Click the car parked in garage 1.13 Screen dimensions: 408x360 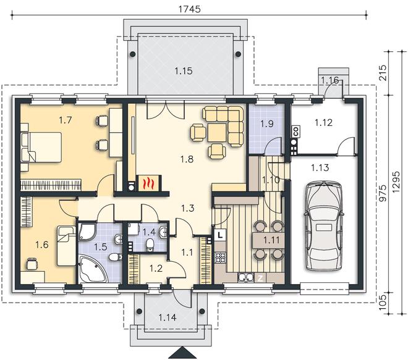[324, 226]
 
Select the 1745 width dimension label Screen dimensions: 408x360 [189, 9]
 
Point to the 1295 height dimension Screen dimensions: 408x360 [396, 182]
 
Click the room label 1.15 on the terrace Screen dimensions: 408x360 [184, 70]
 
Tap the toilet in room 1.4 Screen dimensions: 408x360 [150, 245]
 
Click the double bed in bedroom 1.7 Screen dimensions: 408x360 [41, 147]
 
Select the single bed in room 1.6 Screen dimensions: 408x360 [66, 246]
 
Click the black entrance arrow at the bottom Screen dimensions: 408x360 [183, 353]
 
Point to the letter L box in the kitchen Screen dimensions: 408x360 [220, 235]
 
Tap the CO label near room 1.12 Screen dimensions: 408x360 [296, 132]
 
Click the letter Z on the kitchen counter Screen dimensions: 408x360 [260, 278]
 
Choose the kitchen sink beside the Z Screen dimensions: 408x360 [245, 278]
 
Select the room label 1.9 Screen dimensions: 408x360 [267, 123]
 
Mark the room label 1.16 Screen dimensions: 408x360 [329, 80]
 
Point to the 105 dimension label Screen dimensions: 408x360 [383, 303]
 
